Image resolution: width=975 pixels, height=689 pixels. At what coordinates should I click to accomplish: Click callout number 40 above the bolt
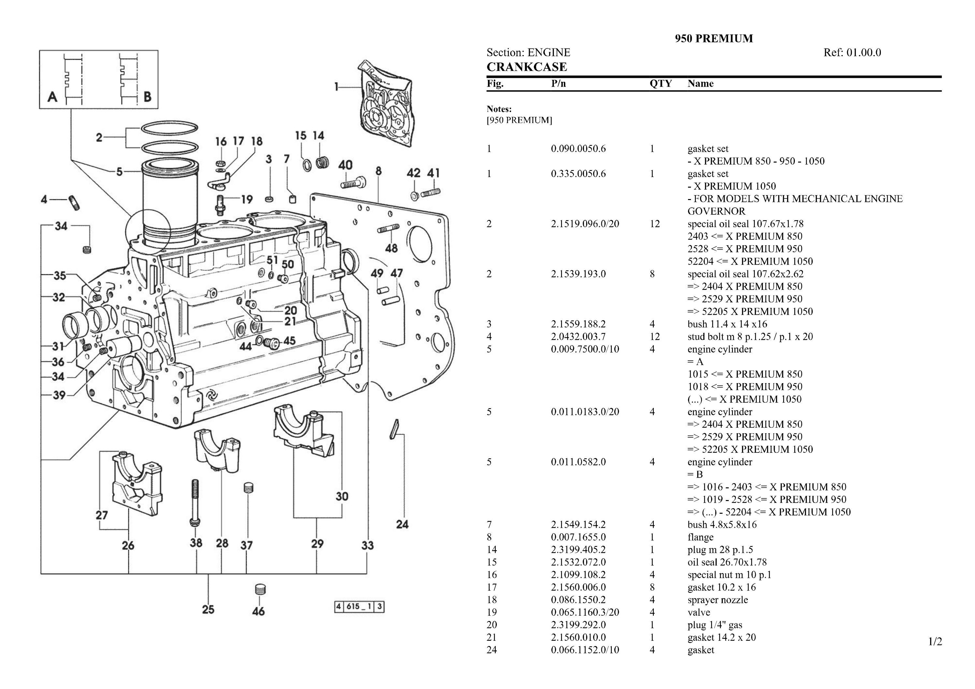(345, 165)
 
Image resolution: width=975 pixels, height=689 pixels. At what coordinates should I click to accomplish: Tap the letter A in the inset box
(52, 97)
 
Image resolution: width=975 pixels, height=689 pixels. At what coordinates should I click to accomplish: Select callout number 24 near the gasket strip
(402, 524)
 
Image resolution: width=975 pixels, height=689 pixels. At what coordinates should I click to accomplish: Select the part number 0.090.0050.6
(578, 149)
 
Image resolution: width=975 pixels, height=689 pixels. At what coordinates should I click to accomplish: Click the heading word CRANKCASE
(526, 67)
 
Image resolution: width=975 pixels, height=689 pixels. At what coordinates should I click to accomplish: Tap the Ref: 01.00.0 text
(852, 53)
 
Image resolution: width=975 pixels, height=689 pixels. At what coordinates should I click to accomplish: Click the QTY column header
(660, 83)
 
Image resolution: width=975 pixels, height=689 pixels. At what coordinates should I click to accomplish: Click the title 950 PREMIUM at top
(714, 39)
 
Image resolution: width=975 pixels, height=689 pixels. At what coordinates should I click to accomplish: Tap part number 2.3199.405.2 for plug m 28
(578, 550)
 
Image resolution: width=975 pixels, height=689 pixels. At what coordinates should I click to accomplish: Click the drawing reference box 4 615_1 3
(359, 607)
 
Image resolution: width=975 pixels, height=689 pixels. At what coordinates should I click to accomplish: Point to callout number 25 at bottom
(208, 610)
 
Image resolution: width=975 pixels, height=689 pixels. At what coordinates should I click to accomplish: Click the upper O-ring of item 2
(169, 127)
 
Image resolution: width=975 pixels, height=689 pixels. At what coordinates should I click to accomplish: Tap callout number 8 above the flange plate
(378, 171)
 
